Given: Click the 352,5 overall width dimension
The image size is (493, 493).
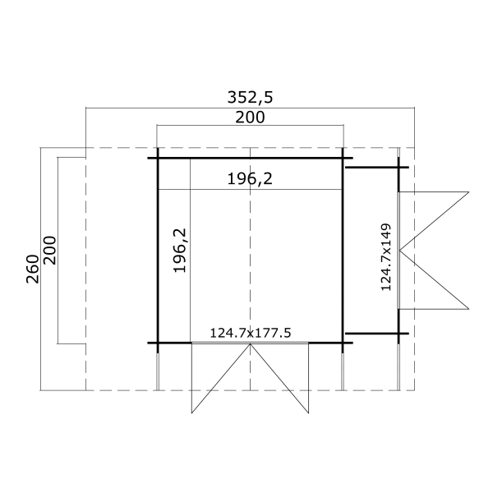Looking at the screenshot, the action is click(x=250, y=97).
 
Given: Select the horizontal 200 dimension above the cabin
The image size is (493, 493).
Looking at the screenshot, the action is click(x=250, y=117).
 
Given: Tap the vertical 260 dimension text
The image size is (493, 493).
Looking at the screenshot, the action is click(x=33, y=270).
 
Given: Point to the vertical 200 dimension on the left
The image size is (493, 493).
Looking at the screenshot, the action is click(x=49, y=251).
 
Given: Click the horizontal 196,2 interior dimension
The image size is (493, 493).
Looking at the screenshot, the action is click(x=250, y=179).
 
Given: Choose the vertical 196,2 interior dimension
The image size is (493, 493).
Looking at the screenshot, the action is click(x=180, y=251).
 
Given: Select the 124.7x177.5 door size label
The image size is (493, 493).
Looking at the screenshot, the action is click(x=251, y=333).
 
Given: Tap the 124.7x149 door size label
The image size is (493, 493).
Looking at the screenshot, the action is click(x=386, y=257).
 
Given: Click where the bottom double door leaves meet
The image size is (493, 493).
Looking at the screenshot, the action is click(x=251, y=343).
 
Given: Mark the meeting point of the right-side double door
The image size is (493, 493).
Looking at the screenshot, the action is click(x=399, y=251).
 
